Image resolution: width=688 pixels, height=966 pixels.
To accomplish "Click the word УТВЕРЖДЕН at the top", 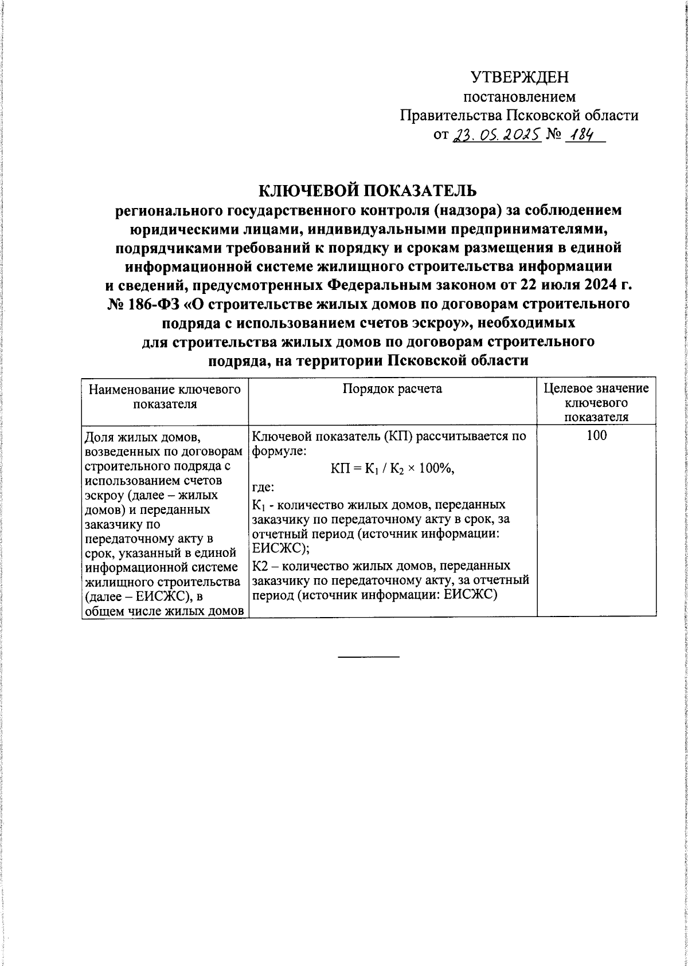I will [519, 77].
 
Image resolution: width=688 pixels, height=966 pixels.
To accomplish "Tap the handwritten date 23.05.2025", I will [497, 135].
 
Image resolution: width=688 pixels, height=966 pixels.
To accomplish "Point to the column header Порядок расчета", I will [392, 389].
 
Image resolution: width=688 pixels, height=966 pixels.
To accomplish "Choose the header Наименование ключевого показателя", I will [165, 396].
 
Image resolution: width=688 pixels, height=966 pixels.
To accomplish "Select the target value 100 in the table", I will [596, 435].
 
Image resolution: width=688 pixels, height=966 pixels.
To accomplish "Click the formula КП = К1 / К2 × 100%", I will [393, 469].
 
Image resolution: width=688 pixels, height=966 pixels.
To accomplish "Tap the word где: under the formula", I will [263, 488].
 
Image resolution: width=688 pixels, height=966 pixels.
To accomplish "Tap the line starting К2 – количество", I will [381, 566].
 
